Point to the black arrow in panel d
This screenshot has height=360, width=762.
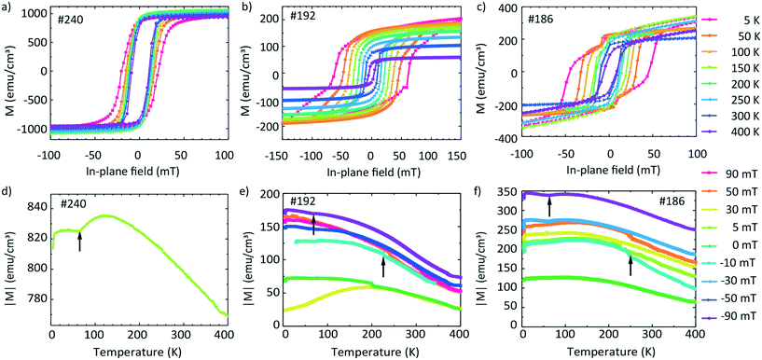point(79,242)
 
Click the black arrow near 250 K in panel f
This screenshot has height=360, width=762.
point(630,266)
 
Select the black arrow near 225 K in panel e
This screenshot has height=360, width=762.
point(383,268)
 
